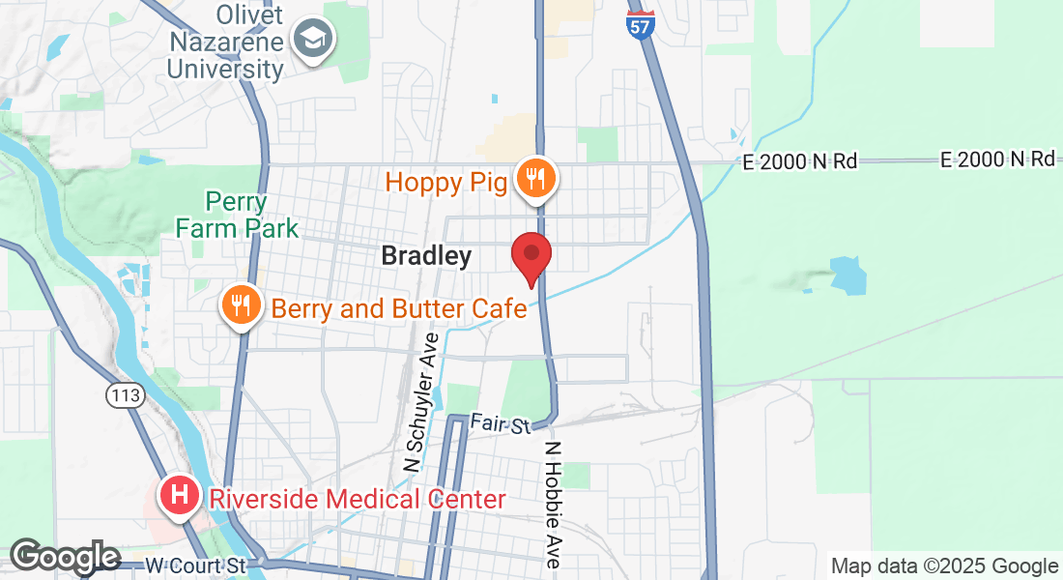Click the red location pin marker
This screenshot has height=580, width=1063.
coord(531,254)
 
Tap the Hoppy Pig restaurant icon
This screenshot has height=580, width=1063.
coord(533,178)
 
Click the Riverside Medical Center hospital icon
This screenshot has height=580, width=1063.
coord(180,497)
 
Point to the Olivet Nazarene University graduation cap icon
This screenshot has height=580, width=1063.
coord(315,40)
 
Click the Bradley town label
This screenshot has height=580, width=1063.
coord(426,256)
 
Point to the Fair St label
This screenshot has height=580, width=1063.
coord(502,422)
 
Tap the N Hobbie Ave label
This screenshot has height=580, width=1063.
coord(554,505)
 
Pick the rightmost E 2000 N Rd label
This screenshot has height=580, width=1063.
coord(997,159)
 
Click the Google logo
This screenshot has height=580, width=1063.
coord(65,557)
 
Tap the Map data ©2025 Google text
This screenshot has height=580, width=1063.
coord(944,566)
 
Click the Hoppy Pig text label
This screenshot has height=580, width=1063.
coord(446,181)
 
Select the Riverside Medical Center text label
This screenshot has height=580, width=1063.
coord(358,500)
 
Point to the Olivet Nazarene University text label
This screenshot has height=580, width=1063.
coord(226,43)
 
